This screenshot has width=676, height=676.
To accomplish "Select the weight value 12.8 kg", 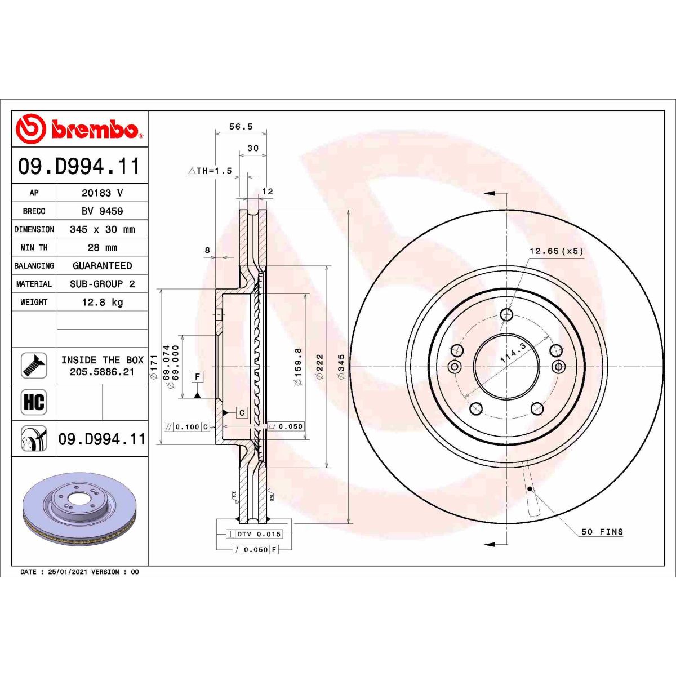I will pyautogui.click(x=102, y=303).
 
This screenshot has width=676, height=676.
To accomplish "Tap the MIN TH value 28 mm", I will pyautogui.click(x=102, y=248).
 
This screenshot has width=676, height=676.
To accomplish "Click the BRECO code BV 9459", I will pyautogui.click(x=102, y=211).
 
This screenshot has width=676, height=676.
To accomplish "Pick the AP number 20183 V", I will pyautogui.click(x=102, y=193).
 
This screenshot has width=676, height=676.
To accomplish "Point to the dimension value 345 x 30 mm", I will pyautogui.click(x=102, y=229).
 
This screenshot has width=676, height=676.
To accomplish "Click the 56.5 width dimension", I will pyautogui.click(x=241, y=127).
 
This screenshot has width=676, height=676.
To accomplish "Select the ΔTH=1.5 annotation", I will pyautogui.click(x=210, y=171).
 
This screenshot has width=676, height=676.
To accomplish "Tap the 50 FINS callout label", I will pyautogui.click(x=602, y=532).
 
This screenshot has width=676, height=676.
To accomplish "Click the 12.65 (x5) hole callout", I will pyautogui.click(x=556, y=251).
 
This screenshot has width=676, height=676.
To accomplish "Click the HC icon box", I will pyautogui.click(x=34, y=402).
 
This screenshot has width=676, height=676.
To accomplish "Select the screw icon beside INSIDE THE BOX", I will pyautogui.click(x=34, y=366).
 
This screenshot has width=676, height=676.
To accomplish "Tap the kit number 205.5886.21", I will pyautogui.click(x=102, y=372).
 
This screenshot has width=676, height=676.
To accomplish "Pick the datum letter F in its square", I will pyautogui.click(x=197, y=376).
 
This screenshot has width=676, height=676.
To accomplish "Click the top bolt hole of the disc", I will pyautogui.click(x=507, y=314).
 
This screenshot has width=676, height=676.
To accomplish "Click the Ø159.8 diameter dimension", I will pyautogui.click(x=298, y=366).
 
